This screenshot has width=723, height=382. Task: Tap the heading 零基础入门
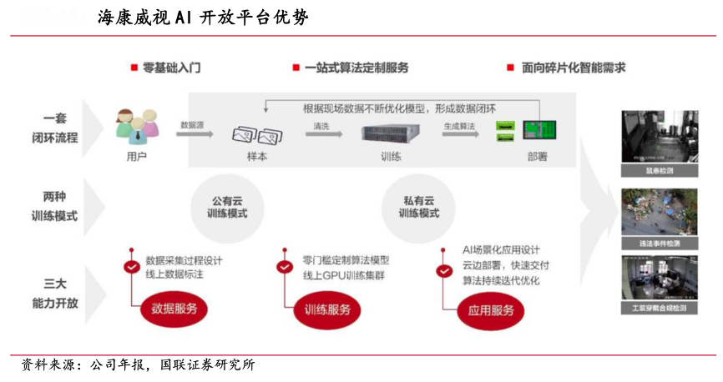(x=171, y=68)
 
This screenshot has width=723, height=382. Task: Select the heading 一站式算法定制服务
(x=356, y=68)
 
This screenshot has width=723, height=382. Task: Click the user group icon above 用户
(x=136, y=126)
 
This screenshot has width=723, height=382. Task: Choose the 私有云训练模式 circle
(x=418, y=206)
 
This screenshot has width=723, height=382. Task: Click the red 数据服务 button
(x=174, y=309)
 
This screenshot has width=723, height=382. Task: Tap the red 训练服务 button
(x=327, y=309)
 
